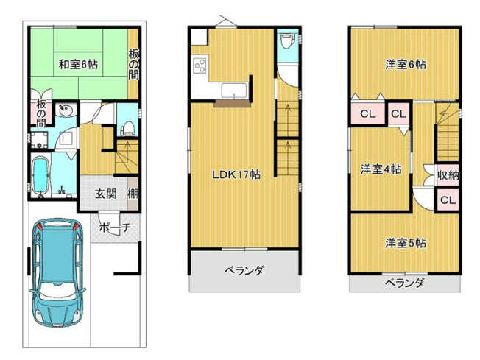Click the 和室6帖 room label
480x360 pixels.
78,64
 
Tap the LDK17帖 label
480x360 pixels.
236,174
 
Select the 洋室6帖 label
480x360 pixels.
404,64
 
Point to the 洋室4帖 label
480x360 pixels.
381,169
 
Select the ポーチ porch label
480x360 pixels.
114,227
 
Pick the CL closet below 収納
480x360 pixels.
448,200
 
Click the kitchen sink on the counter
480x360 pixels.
233,91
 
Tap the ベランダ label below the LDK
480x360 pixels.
244,270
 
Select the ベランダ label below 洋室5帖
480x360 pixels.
404,283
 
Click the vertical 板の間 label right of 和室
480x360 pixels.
133,64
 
